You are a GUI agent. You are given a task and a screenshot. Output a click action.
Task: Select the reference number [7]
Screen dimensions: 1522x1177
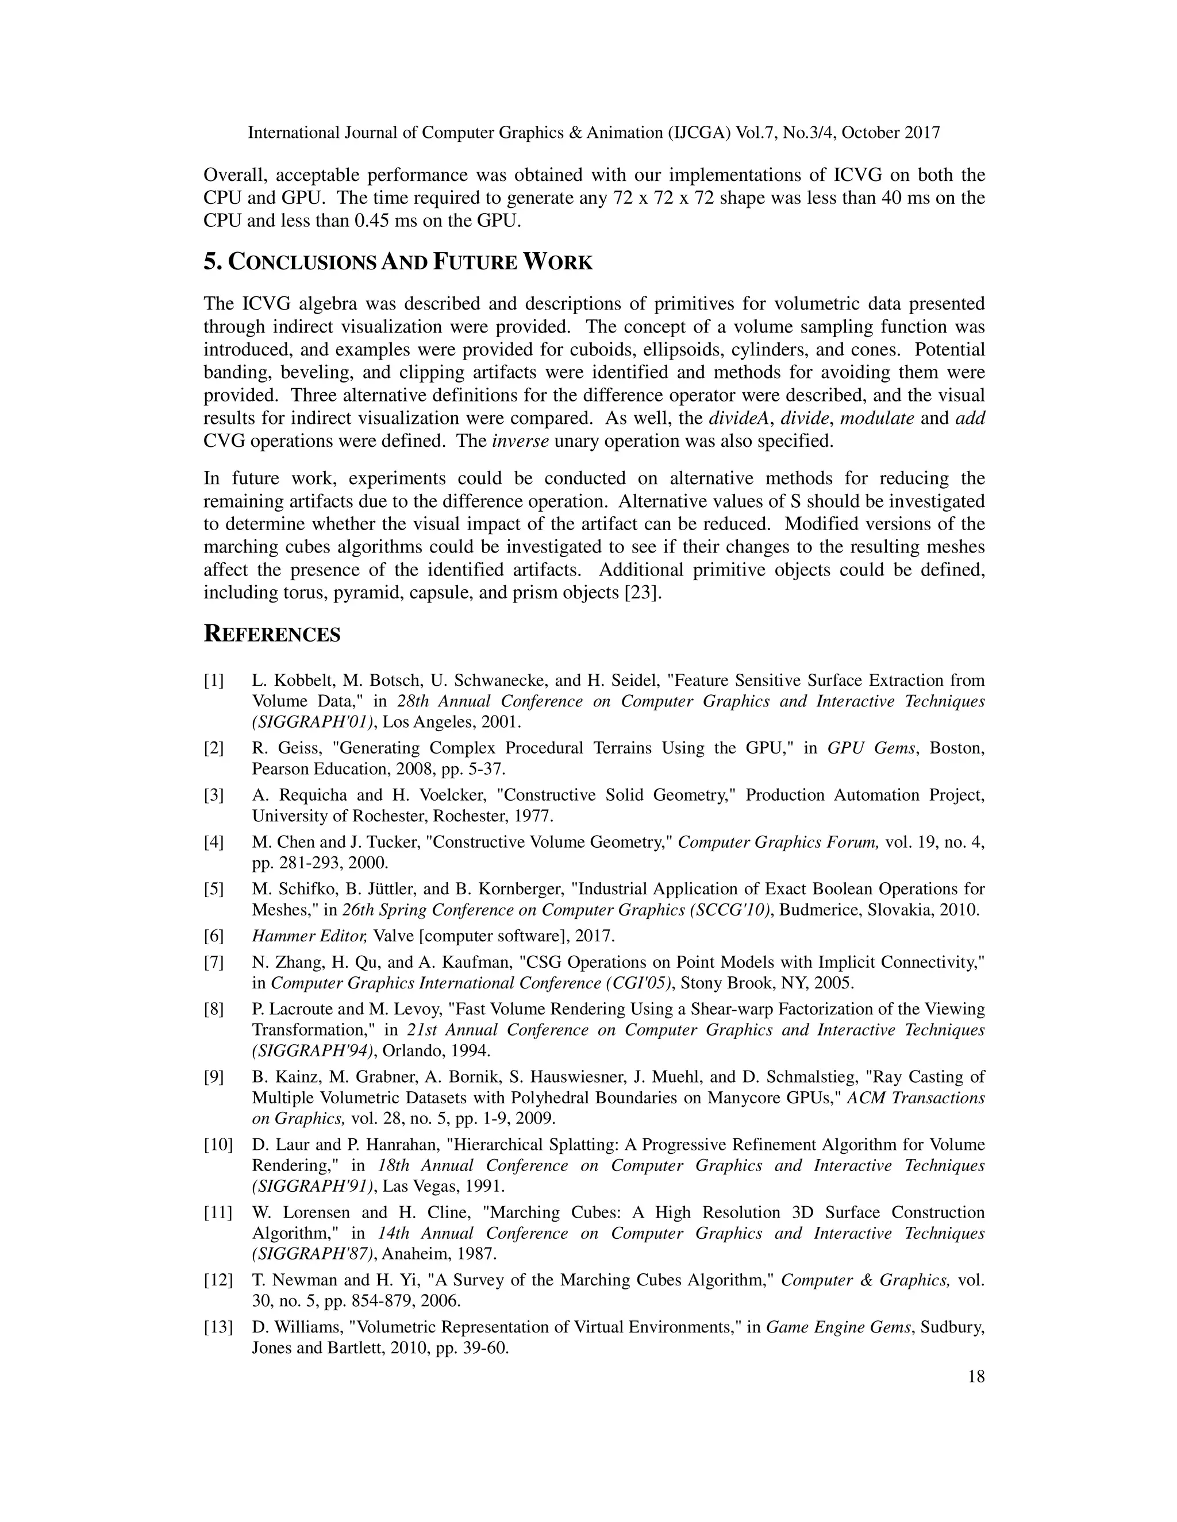(x=213, y=963)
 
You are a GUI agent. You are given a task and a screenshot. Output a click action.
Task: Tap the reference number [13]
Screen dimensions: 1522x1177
(x=218, y=1327)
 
